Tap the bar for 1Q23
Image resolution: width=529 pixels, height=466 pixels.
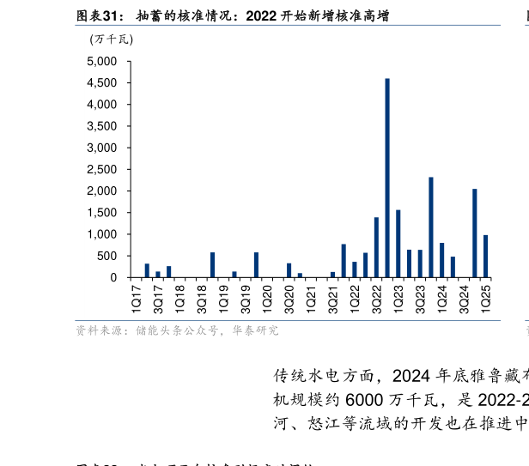click(x=398, y=244)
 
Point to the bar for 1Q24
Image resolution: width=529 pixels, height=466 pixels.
click(x=441, y=260)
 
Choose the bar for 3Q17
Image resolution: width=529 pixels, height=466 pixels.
click(x=158, y=274)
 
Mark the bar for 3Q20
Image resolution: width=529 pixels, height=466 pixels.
click(x=289, y=270)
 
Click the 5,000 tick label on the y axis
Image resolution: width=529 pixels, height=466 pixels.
click(x=101, y=62)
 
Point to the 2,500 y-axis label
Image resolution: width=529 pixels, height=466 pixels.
click(x=101, y=170)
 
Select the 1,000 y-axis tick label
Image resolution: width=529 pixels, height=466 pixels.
click(x=101, y=234)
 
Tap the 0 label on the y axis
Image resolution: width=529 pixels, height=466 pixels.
click(x=112, y=278)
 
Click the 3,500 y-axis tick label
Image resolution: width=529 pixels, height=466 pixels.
click(x=101, y=126)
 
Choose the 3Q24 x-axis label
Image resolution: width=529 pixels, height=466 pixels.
click(x=464, y=300)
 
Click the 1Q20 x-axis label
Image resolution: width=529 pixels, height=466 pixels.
click(x=267, y=300)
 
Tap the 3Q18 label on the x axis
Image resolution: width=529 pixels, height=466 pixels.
click(x=202, y=300)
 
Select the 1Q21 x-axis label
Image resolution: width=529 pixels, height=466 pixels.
click(x=311, y=300)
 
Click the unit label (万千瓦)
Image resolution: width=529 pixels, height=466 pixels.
click(x=111, y=39)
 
